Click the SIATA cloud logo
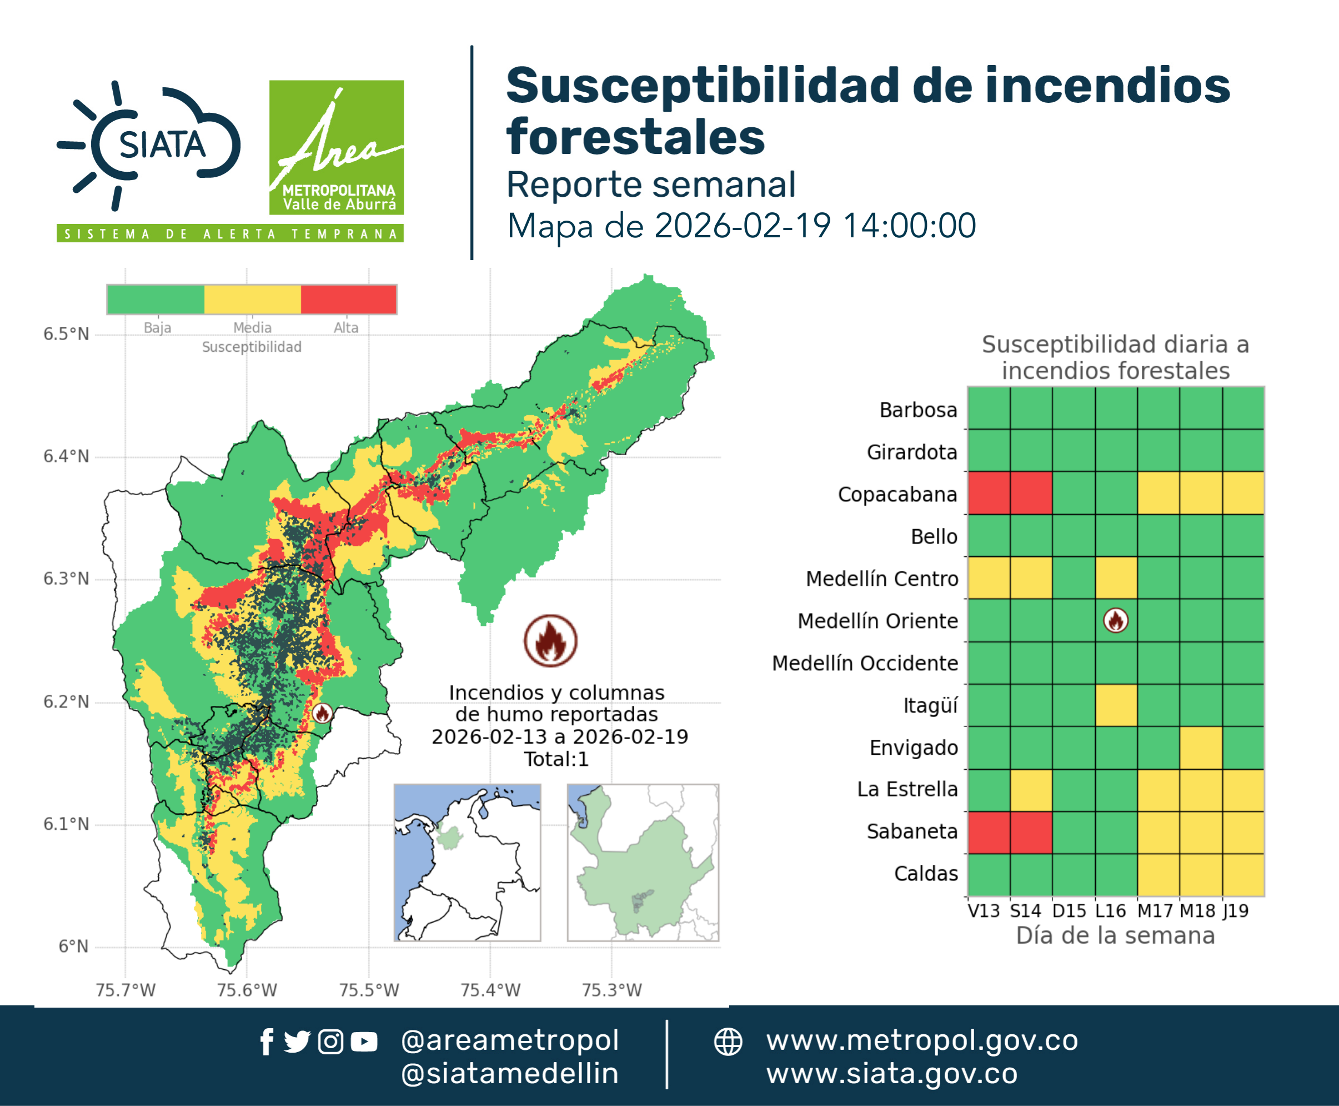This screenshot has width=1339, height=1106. (x=149, y=145)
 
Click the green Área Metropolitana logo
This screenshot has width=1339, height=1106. (x=336, y=147)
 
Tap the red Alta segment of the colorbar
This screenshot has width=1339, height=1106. (x=348, y=300)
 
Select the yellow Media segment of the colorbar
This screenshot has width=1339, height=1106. (x=252, y=300)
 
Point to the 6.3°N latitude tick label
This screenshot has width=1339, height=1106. (x=66, y=579)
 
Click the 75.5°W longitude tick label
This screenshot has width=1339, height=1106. (x=369, y=990)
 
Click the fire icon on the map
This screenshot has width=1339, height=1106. (x=322, y=713)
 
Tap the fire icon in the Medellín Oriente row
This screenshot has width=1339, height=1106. (x=1116, y=620)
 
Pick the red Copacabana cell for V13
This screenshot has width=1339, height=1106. (x=989, y=493)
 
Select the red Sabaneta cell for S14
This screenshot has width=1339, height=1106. (x=1031, y=832)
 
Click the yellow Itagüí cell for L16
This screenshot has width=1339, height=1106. (x=1116, y=705)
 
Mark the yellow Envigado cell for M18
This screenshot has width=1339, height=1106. (x=1201, y=748)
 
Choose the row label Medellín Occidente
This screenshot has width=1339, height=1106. (x=865, y=663)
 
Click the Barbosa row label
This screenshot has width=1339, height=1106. (x=918, y=410)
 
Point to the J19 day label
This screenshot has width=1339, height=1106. (x=1235, y=911)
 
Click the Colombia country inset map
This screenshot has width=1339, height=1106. (x=467, y=863)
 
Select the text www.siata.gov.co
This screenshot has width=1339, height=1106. (x=892, y=1074)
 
